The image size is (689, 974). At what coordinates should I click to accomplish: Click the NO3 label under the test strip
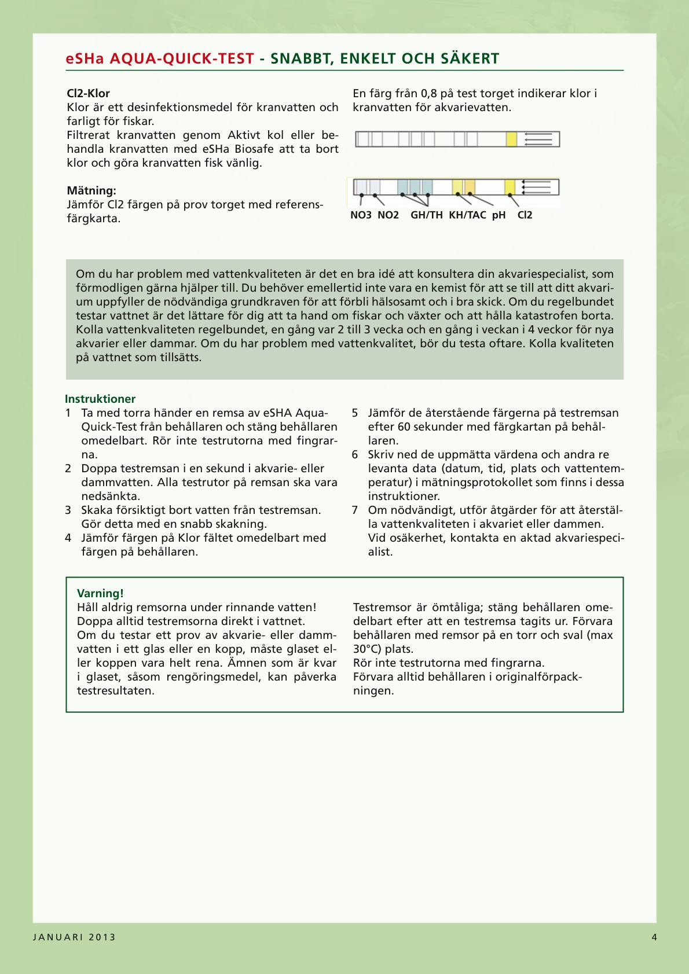[361, 215]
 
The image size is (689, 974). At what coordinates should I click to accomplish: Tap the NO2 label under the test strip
[388, 215]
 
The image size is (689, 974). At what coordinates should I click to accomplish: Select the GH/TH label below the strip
[427, 215]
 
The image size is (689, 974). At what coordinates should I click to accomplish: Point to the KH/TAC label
[467, 215]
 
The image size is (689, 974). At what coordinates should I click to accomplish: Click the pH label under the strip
[499, 215]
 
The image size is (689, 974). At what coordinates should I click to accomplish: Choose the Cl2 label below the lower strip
[525, 215]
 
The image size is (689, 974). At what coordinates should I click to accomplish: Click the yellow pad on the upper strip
[511, 139]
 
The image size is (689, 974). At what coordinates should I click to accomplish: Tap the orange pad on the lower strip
[470, 187]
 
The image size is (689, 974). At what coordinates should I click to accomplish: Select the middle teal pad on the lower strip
[415, 187]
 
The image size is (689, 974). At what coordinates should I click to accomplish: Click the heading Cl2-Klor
[88, 93]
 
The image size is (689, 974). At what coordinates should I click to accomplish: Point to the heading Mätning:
[91, 190]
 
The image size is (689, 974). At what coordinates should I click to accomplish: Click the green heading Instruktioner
[100, 399]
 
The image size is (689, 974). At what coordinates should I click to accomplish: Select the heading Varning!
[100, 593]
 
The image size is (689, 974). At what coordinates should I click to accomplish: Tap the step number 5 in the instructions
[355, 413]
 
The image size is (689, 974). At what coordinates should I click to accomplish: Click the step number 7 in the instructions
[355, 510]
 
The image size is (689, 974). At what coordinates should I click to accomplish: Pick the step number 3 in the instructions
[68, 510]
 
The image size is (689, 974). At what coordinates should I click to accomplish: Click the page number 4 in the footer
[654, 938]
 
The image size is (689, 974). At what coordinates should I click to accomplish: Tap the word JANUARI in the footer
[57, 938]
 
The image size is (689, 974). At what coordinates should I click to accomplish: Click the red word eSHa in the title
[85, 58]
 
